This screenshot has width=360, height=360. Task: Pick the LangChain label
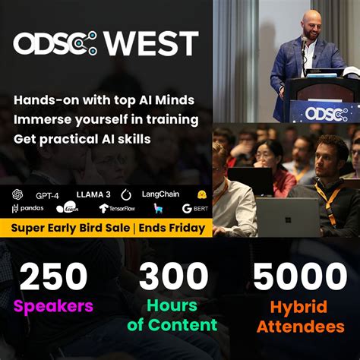[159, 194]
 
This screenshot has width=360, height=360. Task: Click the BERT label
[196, 208]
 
